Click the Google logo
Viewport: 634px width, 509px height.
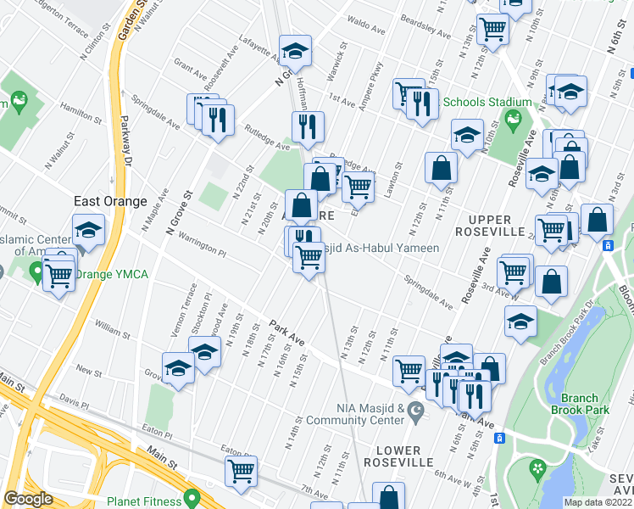coord(28,499)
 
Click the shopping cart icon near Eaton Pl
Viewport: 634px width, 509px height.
coord(242,471)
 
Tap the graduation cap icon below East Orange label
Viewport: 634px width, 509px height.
coord(88,231)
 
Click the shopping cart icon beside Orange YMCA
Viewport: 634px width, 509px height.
coord(58,274)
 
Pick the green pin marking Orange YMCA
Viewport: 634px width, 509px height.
coord(36,272)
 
